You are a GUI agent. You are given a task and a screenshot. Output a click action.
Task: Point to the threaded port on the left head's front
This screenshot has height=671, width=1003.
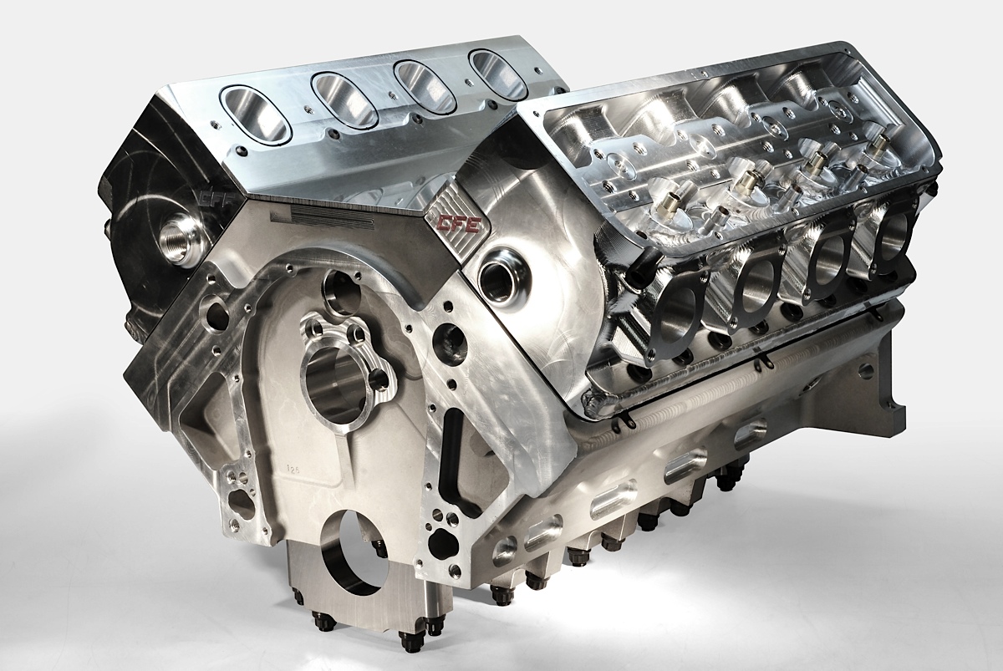(x=178, y=227)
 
